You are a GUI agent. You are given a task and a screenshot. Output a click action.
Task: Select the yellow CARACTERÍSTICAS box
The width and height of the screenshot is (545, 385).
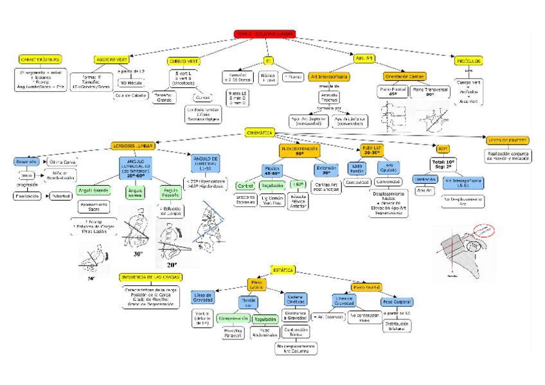click(x=40, y=59)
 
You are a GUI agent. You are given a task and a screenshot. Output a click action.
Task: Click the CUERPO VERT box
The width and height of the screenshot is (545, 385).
click(x=184, y=61)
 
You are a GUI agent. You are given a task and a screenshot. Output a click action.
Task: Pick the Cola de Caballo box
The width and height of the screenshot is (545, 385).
click(x=130, y=95)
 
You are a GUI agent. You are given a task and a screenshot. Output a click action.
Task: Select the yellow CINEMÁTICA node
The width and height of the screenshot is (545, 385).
click(x=260, y=132)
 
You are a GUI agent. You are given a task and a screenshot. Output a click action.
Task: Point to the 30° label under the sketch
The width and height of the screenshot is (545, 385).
click(x=137, y=254)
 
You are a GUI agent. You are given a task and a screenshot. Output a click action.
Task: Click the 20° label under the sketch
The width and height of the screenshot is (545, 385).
click(x=171, y=265)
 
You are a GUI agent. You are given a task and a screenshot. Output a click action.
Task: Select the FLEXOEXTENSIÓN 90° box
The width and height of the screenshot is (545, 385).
click(x=299, y=151)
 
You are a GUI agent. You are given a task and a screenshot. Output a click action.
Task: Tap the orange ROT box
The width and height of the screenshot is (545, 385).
click(x=443, y=148)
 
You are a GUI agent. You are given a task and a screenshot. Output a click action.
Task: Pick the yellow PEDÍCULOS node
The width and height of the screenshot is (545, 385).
click(x=468, y=61)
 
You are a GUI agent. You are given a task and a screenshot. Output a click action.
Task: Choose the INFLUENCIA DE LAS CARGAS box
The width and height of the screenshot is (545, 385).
click(x=150, y=277)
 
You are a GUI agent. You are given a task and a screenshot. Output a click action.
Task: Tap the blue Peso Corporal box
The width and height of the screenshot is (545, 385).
click(x=398, y=301)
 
